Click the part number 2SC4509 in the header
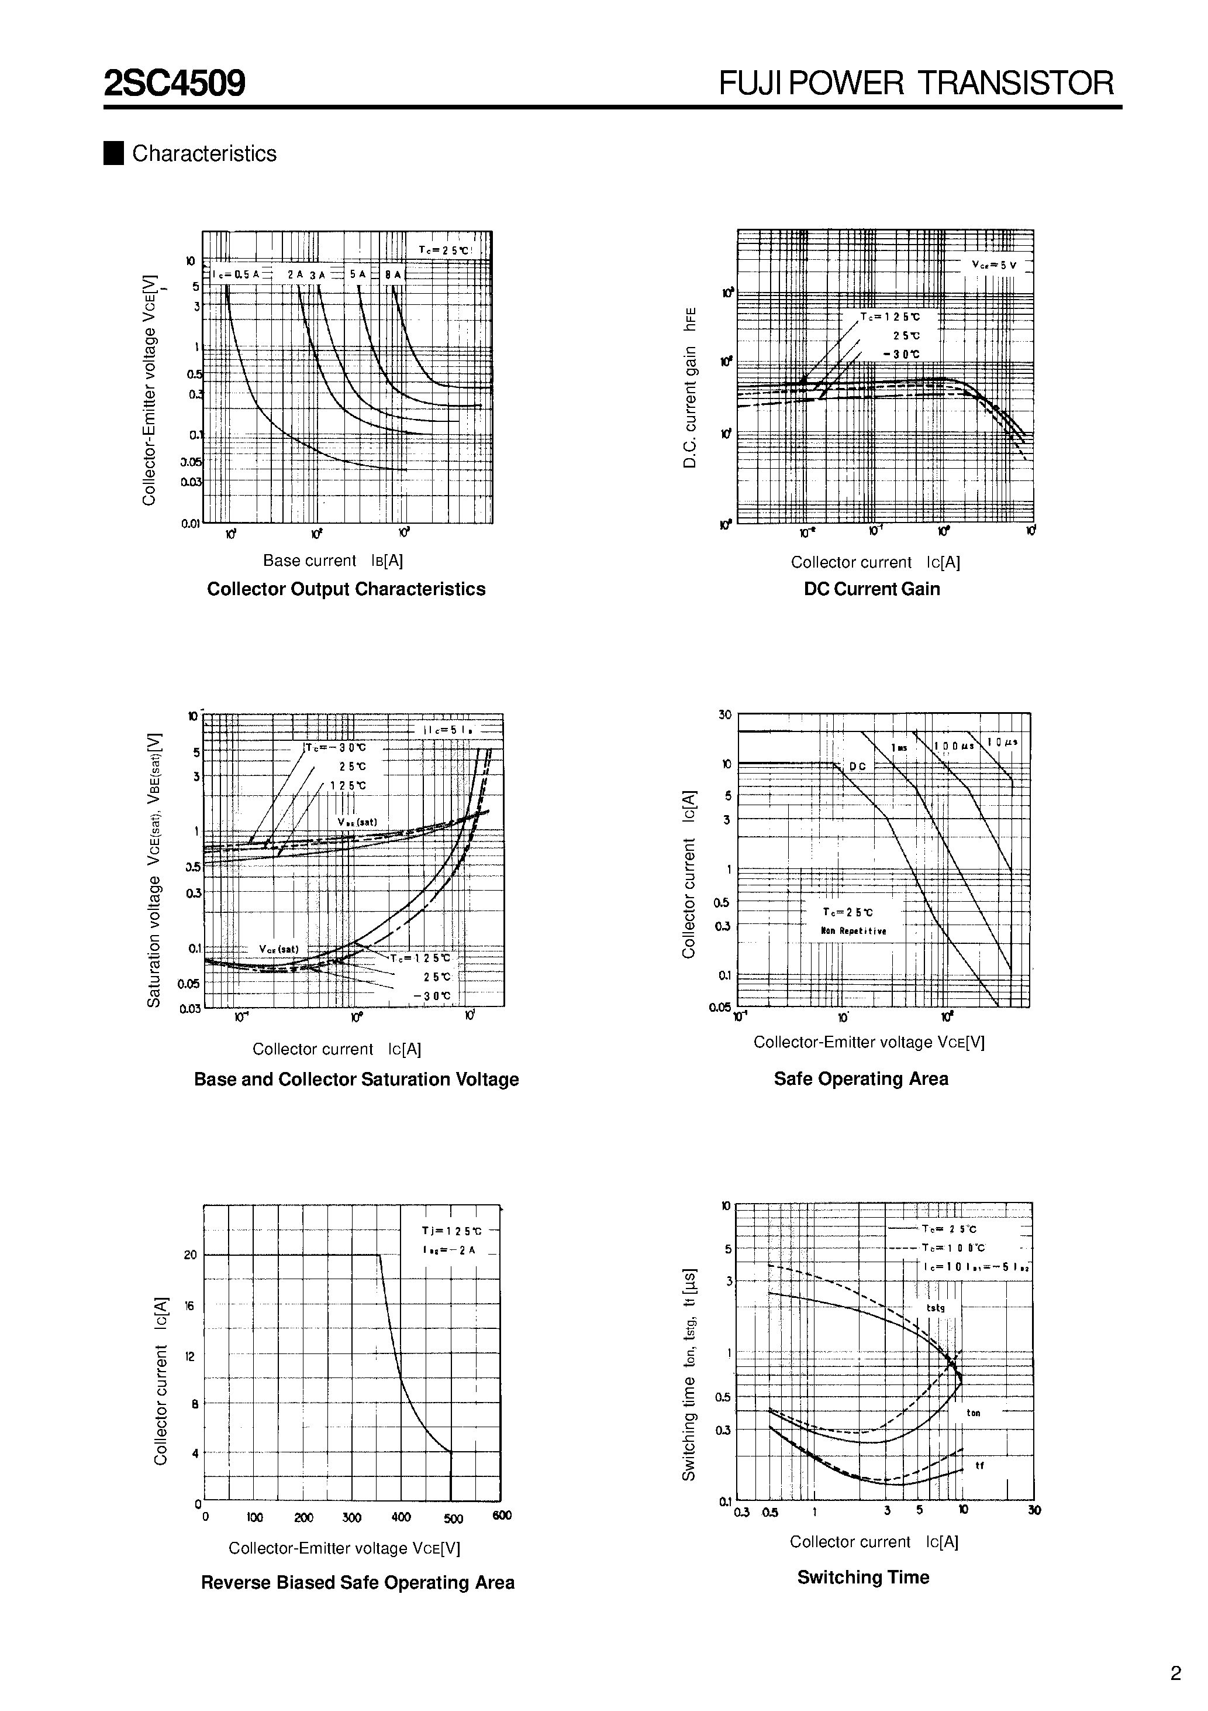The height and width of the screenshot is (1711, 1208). [x=174, y=84]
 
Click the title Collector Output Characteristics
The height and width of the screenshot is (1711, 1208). [x=346, y=589]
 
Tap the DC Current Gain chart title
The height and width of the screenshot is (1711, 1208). [x=871, y=589]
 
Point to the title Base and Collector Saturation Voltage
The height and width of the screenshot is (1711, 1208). [x=356, y=1079]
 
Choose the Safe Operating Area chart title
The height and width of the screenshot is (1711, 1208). [x=861, y=1078]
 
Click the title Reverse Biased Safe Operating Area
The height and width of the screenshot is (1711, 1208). [x=357, y=1582]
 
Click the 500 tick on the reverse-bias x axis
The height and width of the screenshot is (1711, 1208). [x=452, y=1518]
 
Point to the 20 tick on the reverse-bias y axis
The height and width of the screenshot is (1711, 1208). [x=191, y=1255]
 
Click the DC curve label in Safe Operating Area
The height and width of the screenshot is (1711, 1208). [x=857, y=766]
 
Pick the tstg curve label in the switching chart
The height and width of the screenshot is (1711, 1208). [x=936, y=1308]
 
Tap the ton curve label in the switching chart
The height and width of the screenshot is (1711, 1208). [x=974, y=1413]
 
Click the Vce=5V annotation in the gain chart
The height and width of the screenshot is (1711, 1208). [x=993, y=265]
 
